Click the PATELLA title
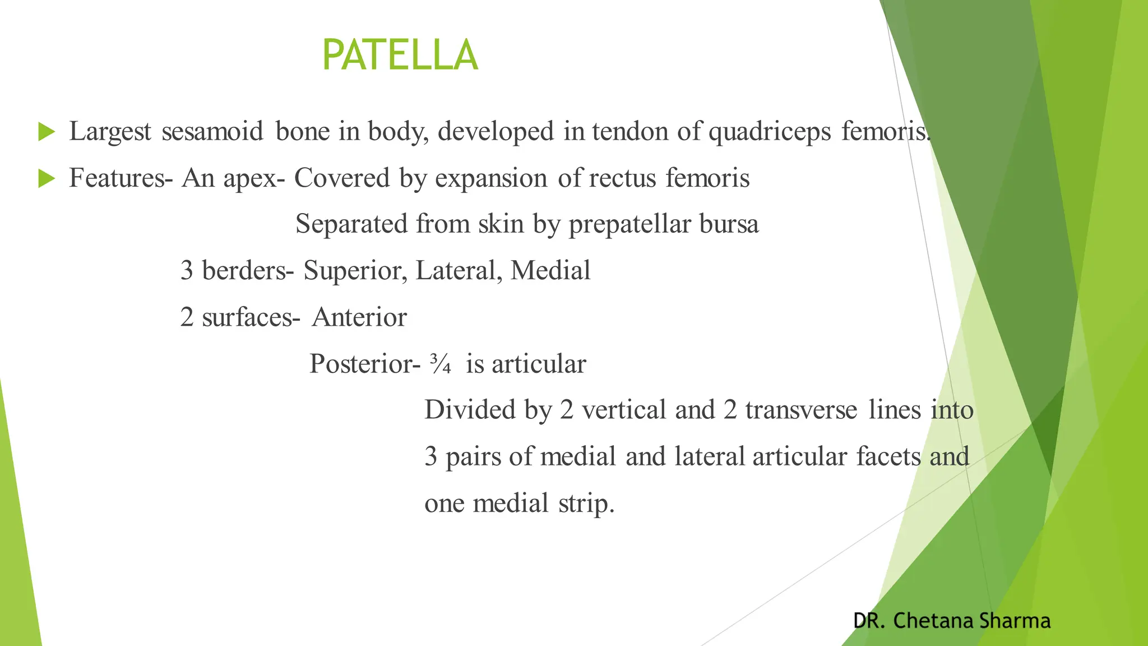click(x=400, y=55)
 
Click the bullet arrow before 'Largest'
click(x=47, y=132)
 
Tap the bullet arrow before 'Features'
click(x=47, y=179)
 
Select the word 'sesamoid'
click(x=212, y=132)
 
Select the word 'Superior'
click(x=355, y=271)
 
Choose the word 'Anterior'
click(x=359, y=318)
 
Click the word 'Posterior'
click(x=361, y=364)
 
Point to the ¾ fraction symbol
click(x=441, y=364)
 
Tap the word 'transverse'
click(x=800, y=410)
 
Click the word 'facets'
click(x=888, y=456)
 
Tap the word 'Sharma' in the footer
click(x=1015, y=621)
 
